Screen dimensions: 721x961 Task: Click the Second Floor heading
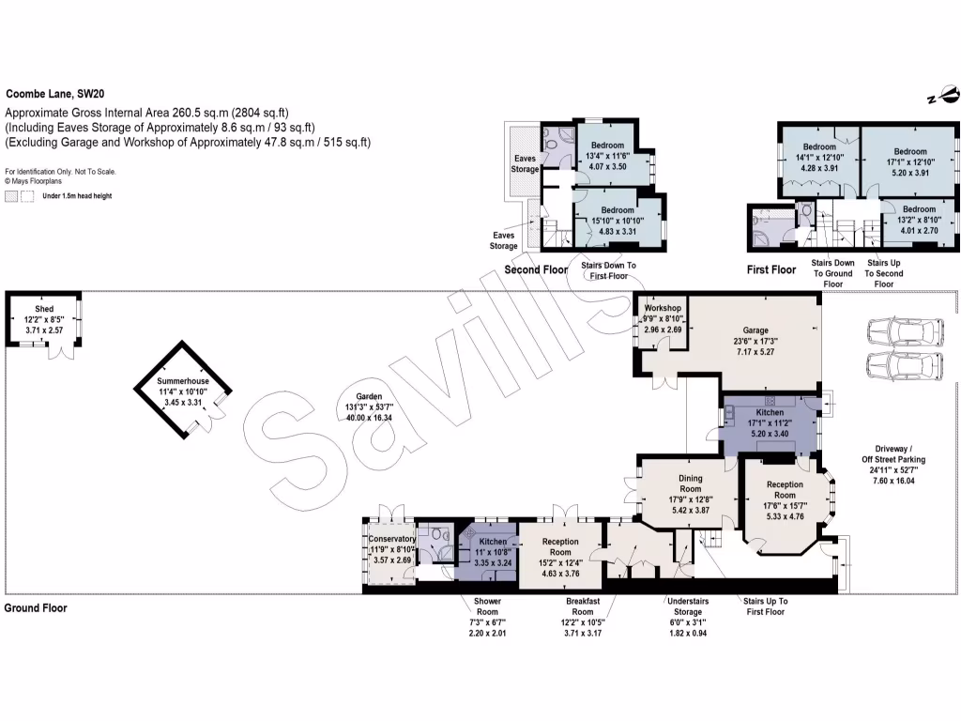[x=536, y=270]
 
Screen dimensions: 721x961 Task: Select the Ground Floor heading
[x=36, y=608]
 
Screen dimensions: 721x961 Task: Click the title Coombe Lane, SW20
[x=59, y=94]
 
